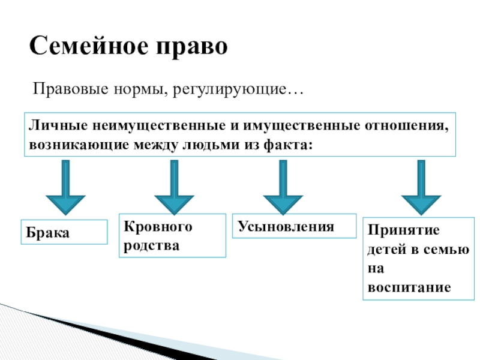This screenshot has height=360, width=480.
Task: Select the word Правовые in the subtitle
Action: [x=61, y=91]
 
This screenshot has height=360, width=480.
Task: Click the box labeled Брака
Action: [x=64, y=232]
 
